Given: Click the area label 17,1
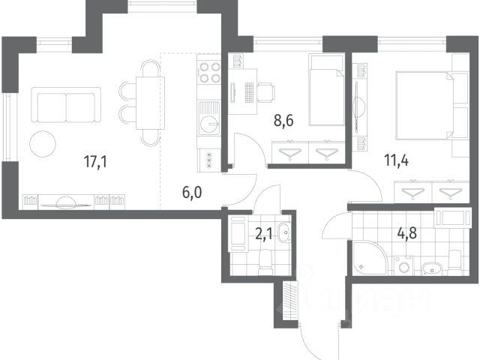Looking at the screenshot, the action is (x=95, y=161).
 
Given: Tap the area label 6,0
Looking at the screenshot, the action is (x=192, y=193).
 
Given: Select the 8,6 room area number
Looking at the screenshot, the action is (x=283, y=121).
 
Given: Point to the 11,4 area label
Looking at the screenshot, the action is (x=397, y=160).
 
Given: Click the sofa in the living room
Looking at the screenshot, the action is (x=66, y=105).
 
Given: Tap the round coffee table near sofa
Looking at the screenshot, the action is (x=43, y=144).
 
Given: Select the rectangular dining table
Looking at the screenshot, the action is (x=150, y=103).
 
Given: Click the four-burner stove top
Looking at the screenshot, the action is (x=209, y=73).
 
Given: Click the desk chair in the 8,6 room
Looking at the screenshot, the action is (x=265, y=93).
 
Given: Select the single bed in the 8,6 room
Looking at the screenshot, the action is (x=327, y=90).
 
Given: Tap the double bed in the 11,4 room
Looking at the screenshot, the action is (x=432, y=106).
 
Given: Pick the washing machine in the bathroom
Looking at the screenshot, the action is (x=403, y=265).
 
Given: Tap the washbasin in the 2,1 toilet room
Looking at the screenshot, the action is (x=284, y=232).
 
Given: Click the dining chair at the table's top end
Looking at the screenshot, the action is (x=150, y=68).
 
